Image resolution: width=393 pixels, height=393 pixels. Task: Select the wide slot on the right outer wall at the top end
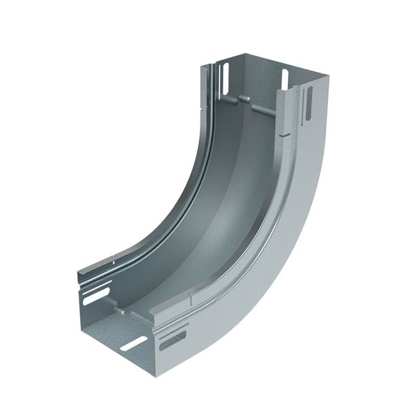point(309,103)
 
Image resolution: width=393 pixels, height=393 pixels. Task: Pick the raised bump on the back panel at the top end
point(244,99)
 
